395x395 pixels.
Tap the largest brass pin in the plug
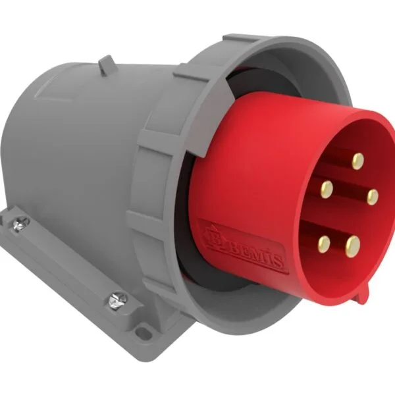click(354, 246)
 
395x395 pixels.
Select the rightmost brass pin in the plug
click(373, 196)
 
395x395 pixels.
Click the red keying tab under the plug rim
click(359, 294)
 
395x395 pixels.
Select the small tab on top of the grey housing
click(105, 64)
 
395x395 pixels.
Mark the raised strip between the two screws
click(66, 263)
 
